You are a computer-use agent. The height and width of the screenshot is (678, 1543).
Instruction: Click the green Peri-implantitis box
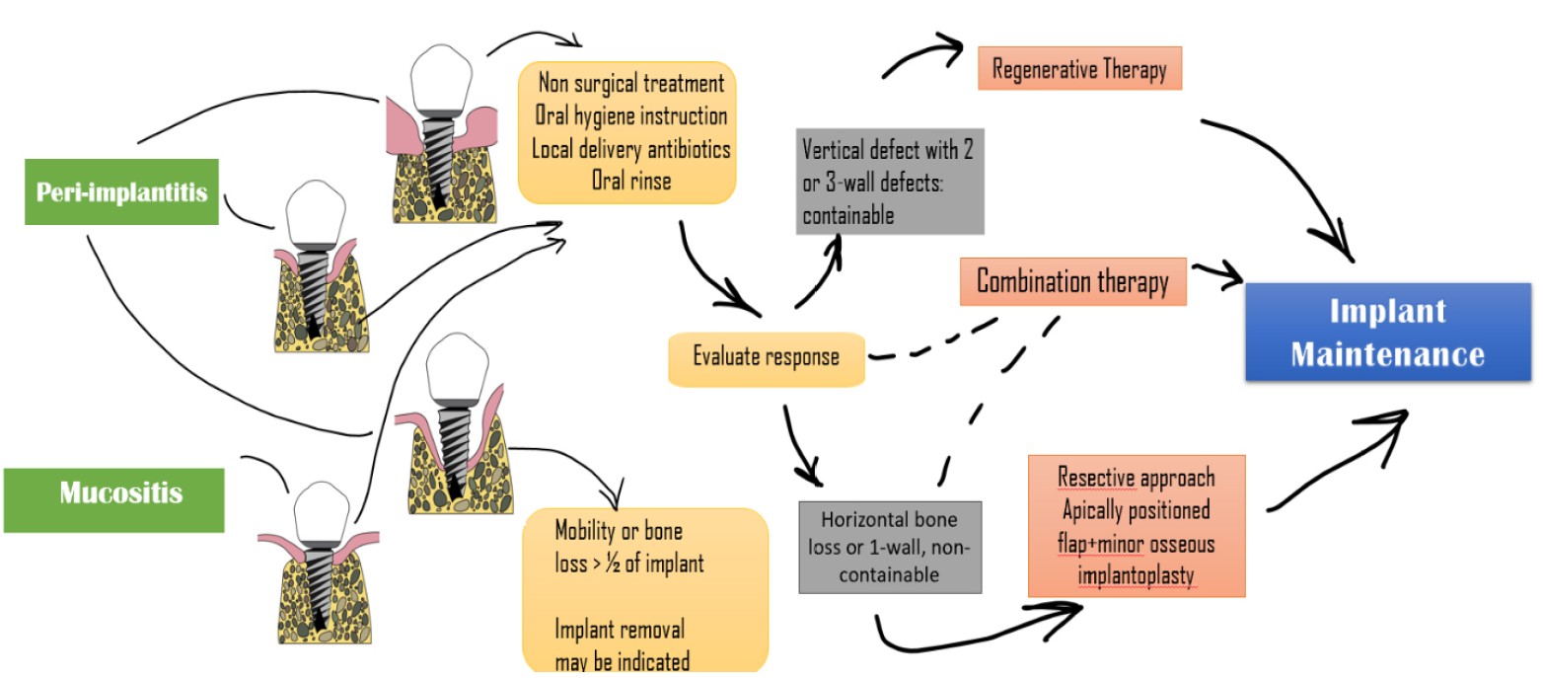point(121,191)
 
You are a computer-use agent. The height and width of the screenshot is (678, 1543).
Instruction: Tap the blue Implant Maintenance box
point(1387,333)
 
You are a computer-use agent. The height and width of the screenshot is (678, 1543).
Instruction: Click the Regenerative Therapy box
point(1079,69)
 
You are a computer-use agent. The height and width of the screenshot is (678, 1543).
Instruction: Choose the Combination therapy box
point(1072,281)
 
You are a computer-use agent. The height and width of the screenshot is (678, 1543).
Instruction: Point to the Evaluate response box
point(766,356)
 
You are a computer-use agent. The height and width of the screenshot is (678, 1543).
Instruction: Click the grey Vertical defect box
point(889,182)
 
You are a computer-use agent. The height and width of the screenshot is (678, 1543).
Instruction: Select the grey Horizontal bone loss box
point(890,546)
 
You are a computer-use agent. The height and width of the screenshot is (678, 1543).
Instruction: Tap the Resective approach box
point(1136,526)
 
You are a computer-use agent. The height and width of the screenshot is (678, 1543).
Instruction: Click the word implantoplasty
point(1136,576)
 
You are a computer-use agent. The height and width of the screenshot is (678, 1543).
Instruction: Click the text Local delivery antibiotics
point(630,149)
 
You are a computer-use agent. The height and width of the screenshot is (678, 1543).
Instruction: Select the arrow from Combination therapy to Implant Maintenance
point(1217,274)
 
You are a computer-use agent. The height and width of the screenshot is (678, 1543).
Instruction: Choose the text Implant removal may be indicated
point(622,644)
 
